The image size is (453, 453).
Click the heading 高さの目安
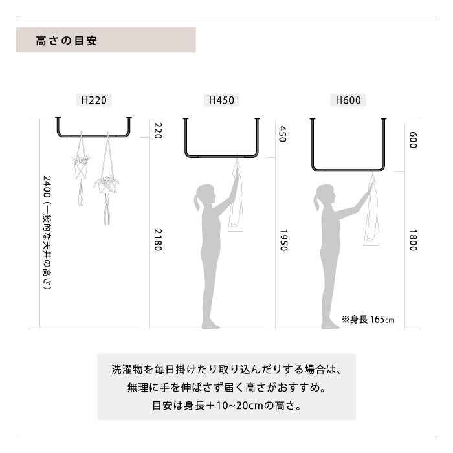67,40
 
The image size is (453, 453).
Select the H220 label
94,100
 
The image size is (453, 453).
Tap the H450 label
221,100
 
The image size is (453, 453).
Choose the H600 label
348,100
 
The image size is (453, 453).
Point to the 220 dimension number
158,131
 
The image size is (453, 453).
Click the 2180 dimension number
158,240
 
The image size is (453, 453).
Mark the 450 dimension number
282,134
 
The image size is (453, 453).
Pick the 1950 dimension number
283,240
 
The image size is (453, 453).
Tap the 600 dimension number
413,140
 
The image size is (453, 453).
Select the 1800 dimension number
413,240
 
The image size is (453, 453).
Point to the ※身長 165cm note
368,320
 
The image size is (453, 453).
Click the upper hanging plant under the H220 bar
81,167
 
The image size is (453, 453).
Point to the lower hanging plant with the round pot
107,185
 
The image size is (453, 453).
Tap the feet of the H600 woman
330,325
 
